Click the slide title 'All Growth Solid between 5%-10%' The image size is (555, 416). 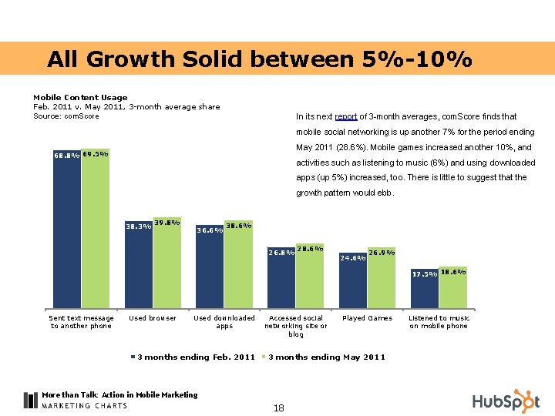[259, 59]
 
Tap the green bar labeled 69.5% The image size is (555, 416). [95, 231]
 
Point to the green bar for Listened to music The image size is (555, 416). [452, 291]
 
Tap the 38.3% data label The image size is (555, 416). [138, 226]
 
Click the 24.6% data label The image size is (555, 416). [353, 258]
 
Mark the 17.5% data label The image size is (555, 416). [424, 273]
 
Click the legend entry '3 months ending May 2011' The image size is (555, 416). [324, 357]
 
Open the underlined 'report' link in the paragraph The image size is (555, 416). [345, 117]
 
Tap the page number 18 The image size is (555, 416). [278, 408]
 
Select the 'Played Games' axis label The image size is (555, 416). [367, 318]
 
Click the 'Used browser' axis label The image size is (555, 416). [153, 318]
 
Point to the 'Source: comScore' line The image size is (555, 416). [66, 116]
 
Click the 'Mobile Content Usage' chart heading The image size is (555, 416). [80, 97]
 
